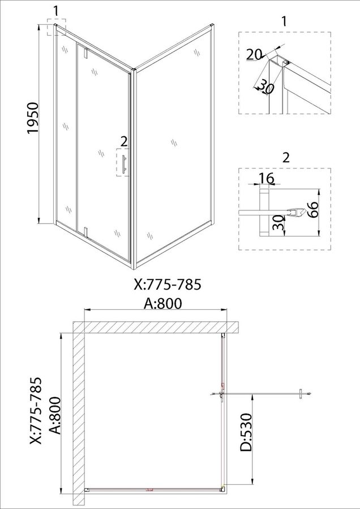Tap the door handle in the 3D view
[123, 165]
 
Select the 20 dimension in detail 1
[254, 54]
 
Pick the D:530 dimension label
[246, 432]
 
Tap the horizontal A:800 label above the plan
[163, 304]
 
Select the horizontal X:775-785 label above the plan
[168, 284]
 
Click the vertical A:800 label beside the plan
[56, 415]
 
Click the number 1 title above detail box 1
[284, 21]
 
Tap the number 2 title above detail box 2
[286, 157]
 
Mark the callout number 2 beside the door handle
[123, 141]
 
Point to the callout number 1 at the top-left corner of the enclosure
[56, 11]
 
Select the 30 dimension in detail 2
[277, 222]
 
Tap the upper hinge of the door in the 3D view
[86, 53]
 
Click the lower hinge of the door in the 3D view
[86, 232]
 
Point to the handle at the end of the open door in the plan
[301, 394]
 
